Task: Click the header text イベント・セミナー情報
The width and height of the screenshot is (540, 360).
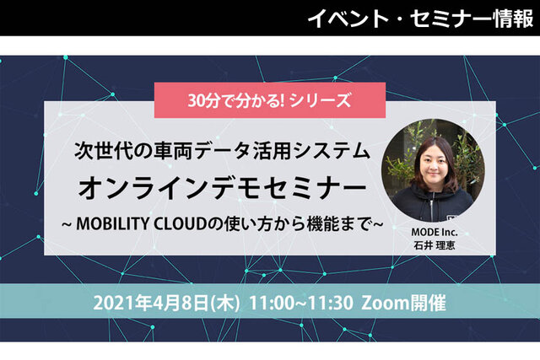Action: pos(420,19)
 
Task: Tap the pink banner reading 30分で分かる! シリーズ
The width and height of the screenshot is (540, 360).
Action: pos(270,100)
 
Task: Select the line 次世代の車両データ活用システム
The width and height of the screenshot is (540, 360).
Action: pos(223,152)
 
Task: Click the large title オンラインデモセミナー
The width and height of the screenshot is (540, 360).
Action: pos(223,188)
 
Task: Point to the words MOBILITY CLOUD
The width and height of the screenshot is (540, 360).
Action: pos(141,224)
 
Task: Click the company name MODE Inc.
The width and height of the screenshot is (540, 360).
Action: pos(435,233)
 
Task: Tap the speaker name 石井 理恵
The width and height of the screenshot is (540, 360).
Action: pos(435,245)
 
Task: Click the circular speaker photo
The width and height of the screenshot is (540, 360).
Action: pos(433,170)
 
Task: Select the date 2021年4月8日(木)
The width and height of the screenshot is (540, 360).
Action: pos(166,304)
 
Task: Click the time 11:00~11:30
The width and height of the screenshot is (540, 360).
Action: pos(301,304)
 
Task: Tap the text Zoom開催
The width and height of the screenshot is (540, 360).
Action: pos(403,304)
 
